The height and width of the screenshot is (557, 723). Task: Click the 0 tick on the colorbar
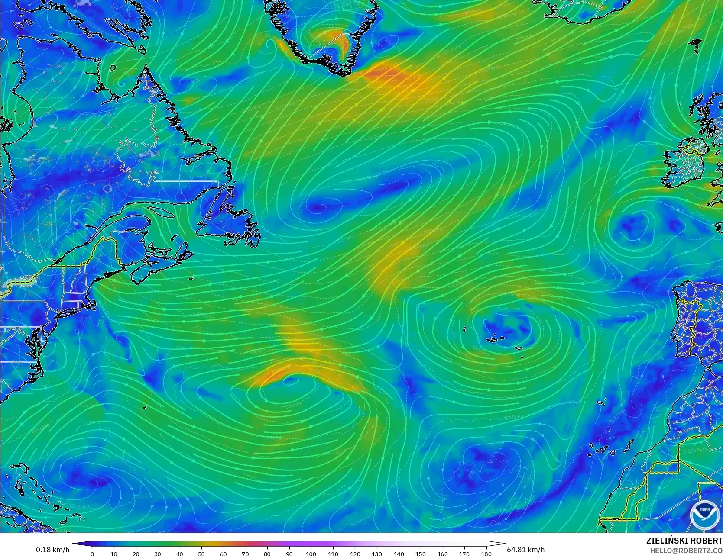[92, 554]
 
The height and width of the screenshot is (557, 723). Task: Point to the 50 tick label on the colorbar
[201, 554]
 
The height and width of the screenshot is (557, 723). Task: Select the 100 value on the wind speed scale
[311, 554]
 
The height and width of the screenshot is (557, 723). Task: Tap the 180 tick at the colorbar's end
[486, 554]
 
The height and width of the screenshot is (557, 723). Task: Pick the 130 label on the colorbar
[377, 554]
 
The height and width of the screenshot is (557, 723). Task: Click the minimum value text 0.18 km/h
[52, 550]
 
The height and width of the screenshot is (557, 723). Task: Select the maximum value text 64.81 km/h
[525, 550]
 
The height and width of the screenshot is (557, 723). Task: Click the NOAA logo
[701, 515]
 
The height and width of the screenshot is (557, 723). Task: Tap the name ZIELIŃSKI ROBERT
[684, 541]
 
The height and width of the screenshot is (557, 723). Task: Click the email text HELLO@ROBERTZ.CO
[686, 550]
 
